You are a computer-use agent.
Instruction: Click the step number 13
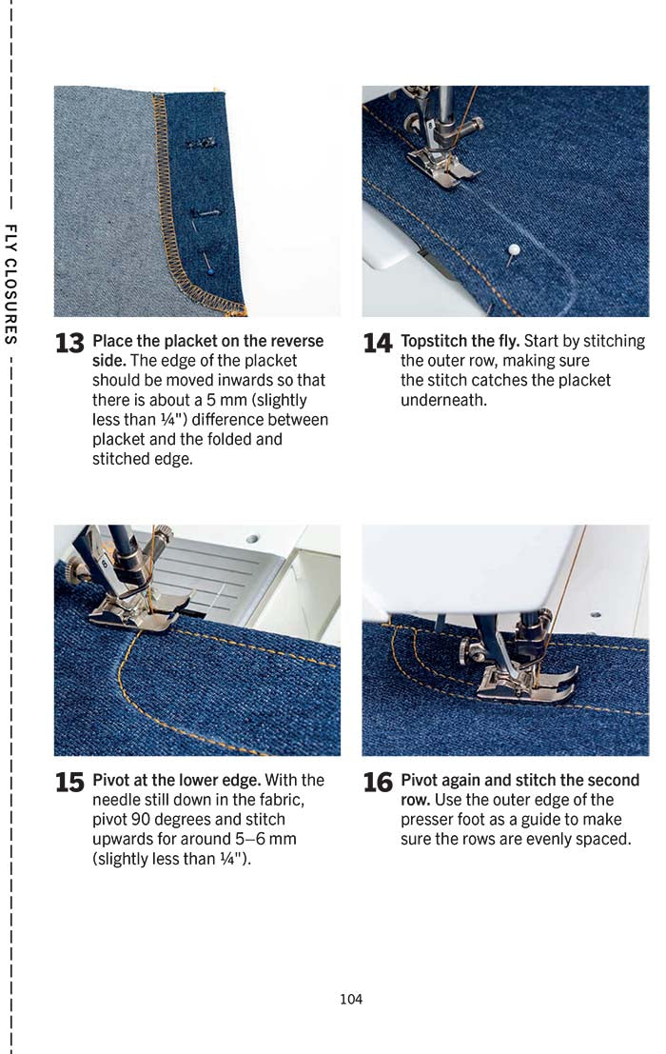tap(69, 344)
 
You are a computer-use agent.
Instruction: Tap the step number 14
tap(378, 344)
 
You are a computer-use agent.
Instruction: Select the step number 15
tap(69, 783)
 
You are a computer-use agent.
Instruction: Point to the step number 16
tap(378, 783)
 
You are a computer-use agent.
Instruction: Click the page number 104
tap(351, 999)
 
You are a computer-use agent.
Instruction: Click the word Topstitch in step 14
tap(434, 341)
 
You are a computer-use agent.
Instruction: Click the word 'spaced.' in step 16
tap(605, 839)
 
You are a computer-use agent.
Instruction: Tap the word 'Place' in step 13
tap(110, 341)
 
